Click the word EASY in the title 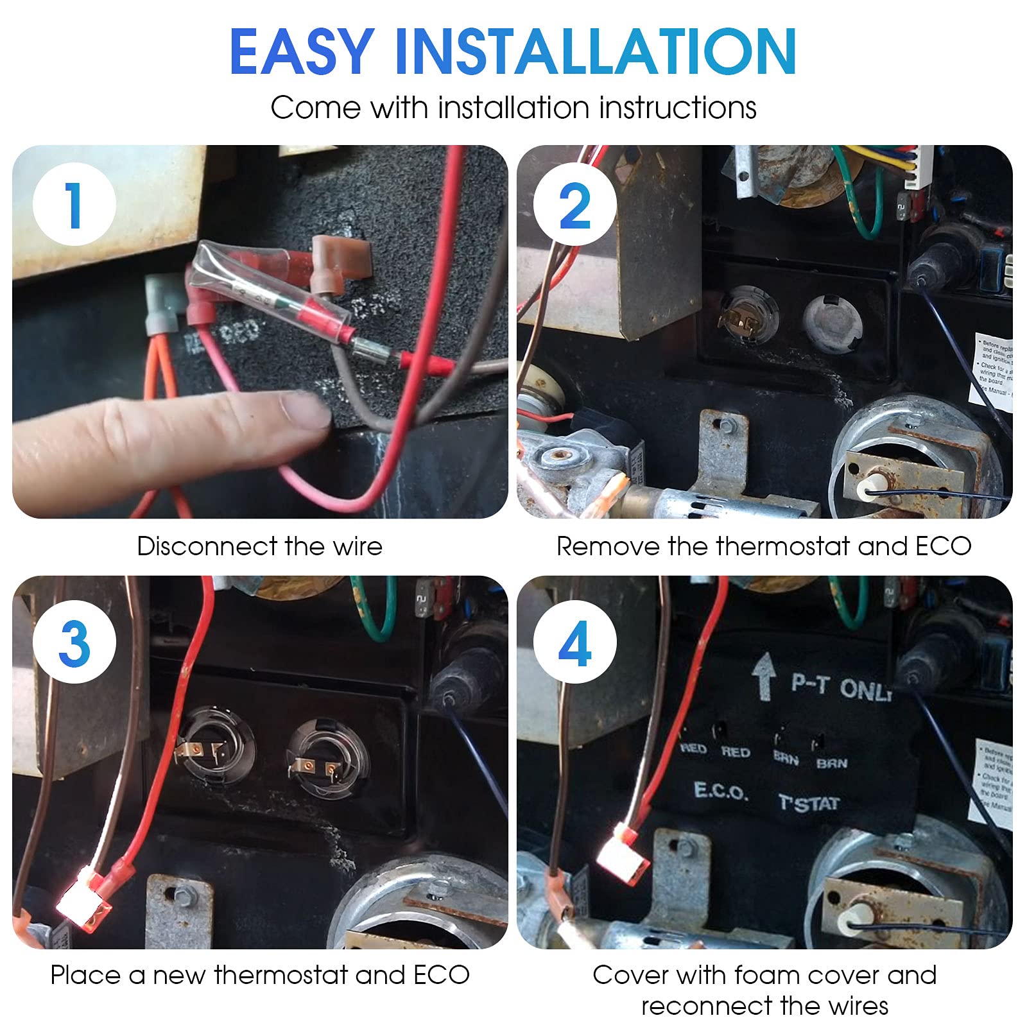pos(302,53)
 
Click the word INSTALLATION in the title pos(595,53)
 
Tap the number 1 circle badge pos(74,205)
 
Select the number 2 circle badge pos(574,205)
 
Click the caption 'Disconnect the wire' pos(259,546)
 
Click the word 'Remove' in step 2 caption pos(607,546)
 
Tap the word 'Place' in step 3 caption pos(85,975)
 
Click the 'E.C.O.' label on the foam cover pos(721,791)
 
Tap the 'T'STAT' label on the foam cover pos(809,803)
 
